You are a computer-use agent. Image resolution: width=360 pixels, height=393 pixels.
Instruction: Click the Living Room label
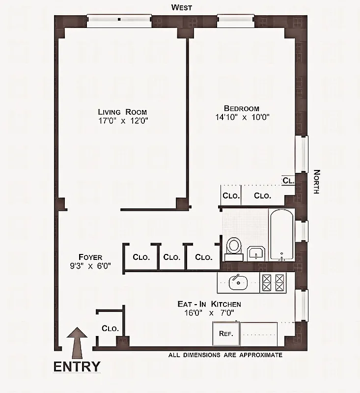pos(122,112)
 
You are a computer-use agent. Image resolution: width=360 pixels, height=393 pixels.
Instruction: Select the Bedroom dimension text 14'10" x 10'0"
pos(242,117)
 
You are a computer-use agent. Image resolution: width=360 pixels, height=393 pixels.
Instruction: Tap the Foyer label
pos(90,257)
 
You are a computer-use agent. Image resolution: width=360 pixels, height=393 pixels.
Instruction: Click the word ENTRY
pos(77,366)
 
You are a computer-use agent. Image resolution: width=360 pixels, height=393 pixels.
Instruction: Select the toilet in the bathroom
pos(234,248)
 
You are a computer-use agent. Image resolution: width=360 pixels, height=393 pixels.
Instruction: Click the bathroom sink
pos(255,253)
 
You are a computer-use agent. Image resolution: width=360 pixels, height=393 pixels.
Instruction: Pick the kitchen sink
pos(239,282)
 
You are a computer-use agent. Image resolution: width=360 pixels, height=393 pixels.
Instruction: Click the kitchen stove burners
pos(274,283)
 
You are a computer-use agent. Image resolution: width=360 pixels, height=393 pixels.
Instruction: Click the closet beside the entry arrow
pos(110,328)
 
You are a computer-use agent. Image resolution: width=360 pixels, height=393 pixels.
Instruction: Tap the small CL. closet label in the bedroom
pos(288,180)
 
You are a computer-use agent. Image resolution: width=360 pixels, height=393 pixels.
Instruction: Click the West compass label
pos(181,7)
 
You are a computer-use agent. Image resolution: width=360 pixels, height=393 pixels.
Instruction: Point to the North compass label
pos(316,182)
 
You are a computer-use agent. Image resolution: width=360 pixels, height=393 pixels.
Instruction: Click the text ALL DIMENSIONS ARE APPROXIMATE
pos(225,355)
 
